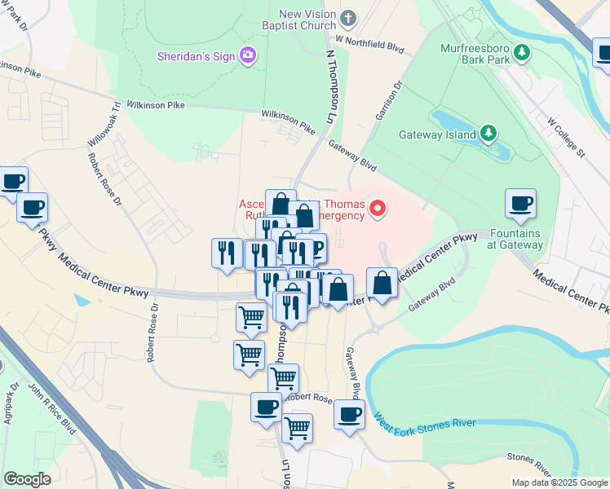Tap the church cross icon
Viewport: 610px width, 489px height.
coord(349,17)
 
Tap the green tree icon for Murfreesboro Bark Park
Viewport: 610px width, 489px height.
coord(522,54)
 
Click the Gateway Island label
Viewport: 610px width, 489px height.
coord(436,134)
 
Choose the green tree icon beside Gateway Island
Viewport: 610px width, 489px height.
coord(488,132)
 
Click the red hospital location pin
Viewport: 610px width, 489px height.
coord(378,209)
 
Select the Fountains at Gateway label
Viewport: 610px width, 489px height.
coord(515,240)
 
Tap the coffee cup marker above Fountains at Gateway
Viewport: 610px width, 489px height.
coord(520,205)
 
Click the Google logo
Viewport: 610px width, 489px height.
coord(28,479)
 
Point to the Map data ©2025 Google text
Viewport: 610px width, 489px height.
coord(559,482)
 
